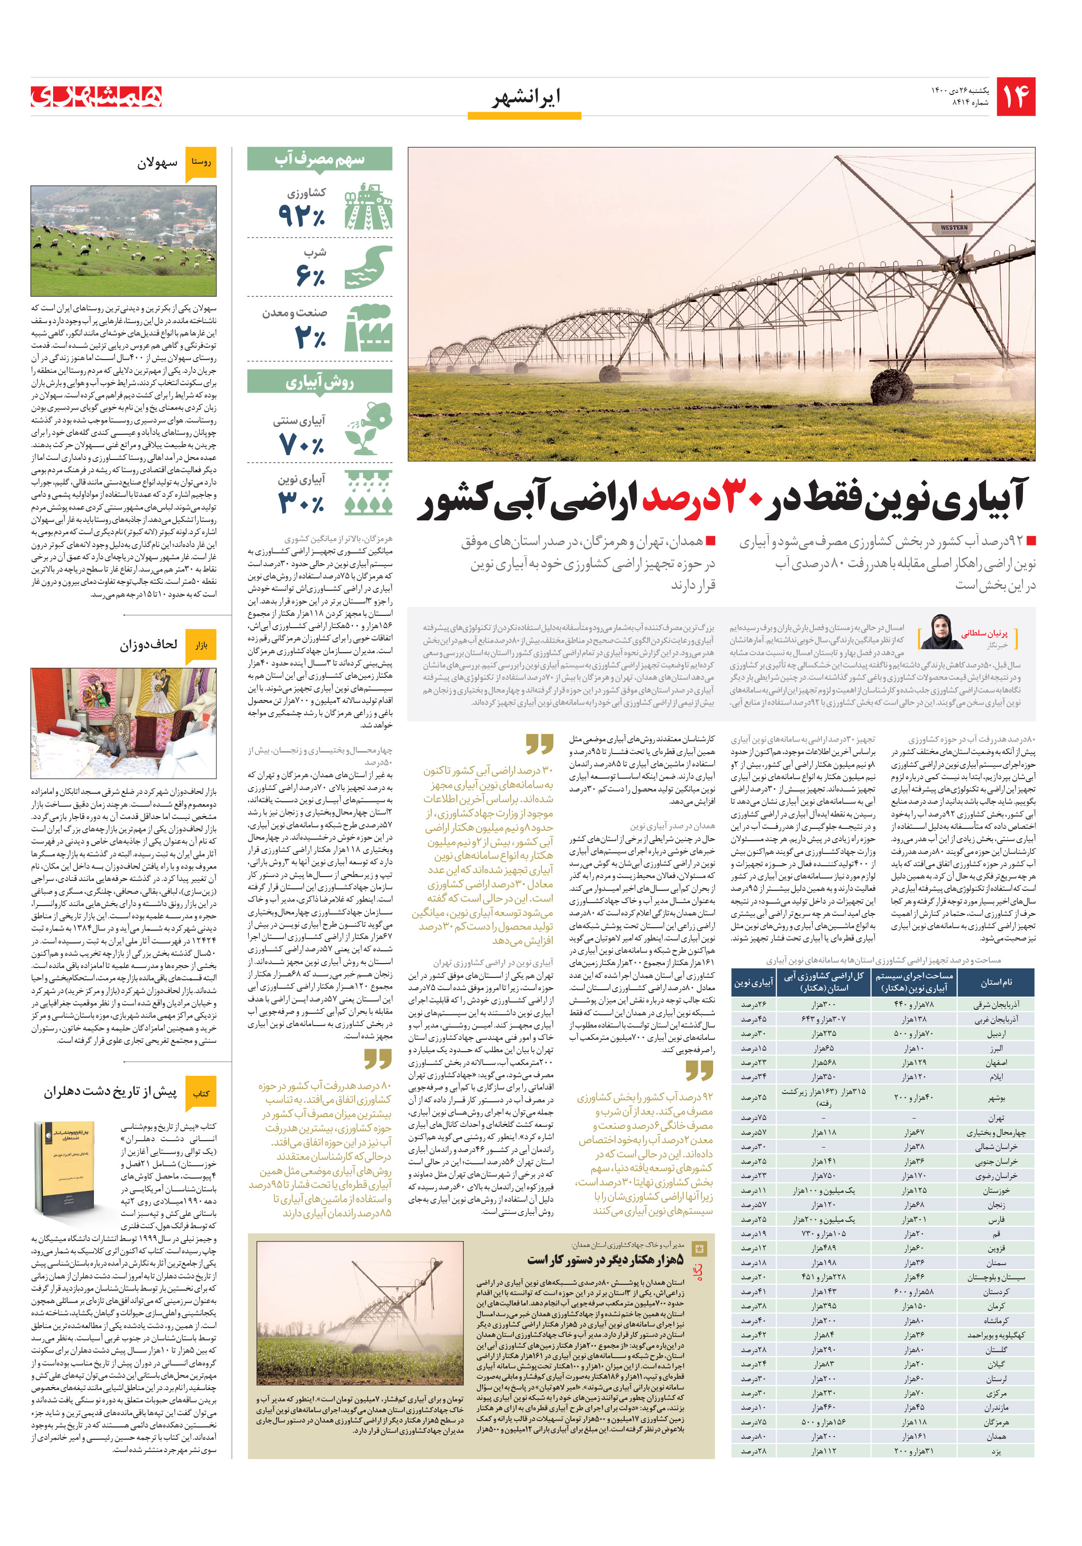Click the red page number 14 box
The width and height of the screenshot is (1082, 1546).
tap(1015, 97)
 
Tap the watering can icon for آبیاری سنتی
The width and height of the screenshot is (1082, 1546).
tap(368, 429)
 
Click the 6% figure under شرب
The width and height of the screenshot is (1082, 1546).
tap(310, 275)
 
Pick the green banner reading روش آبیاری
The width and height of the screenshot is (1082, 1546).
tap(319, 382)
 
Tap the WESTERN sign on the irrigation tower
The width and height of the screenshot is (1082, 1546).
tap(953, 228)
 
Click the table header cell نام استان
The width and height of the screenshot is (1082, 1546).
tap(995, 982)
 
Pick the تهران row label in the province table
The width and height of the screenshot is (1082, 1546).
tap(996, 1118)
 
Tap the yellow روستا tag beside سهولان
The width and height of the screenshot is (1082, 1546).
tap(201, 162)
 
